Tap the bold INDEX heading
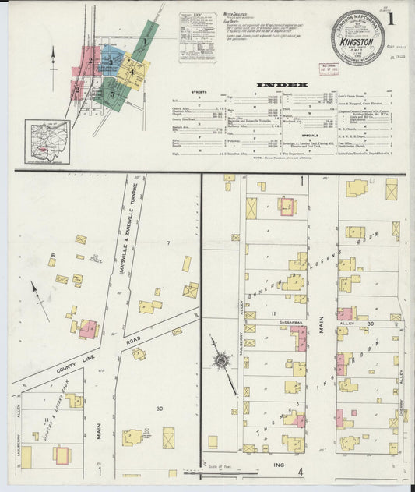[x=278, y=84]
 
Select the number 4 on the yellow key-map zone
[x=133, y=74]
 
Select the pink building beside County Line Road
[x=87, y=328]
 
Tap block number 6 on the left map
[x=53, y=255]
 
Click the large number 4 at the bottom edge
[x=301, y=471]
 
